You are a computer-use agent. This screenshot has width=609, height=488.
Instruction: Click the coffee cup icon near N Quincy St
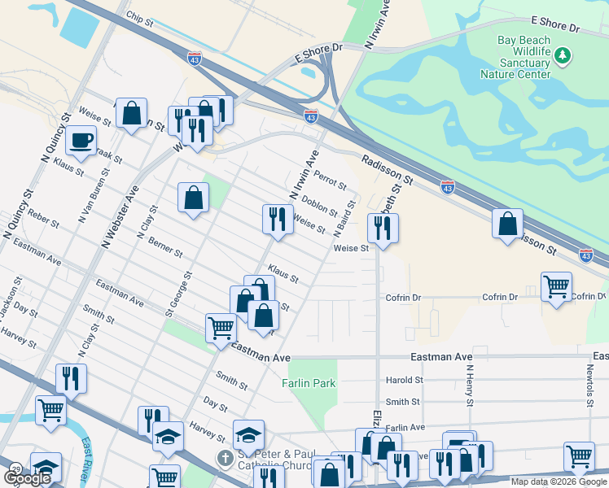81,140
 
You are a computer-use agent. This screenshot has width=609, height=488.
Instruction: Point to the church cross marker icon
226,458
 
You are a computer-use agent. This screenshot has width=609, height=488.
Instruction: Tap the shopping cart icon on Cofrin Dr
556,286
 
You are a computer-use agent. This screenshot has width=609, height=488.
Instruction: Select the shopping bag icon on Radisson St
507,223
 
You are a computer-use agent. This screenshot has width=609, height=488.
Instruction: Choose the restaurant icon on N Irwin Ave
278,219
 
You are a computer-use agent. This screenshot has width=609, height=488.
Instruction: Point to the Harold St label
405,380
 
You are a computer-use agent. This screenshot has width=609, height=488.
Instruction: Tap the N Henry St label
470,385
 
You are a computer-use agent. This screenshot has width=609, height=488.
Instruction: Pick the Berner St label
165,249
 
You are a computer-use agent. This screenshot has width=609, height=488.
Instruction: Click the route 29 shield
15,469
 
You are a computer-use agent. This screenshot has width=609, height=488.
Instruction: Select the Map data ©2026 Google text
559,481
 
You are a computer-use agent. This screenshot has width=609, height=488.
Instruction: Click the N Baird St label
344,219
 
